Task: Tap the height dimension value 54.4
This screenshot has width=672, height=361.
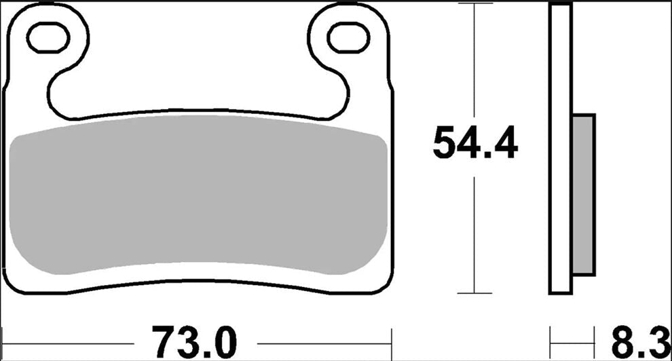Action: (475, 142)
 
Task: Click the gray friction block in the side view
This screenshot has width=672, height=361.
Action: (584, 195)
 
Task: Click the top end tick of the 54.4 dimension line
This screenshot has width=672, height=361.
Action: (474, 4)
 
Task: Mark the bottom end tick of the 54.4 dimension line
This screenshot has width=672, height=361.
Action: (474, 294)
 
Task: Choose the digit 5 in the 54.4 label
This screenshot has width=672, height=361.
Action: (445, 142)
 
